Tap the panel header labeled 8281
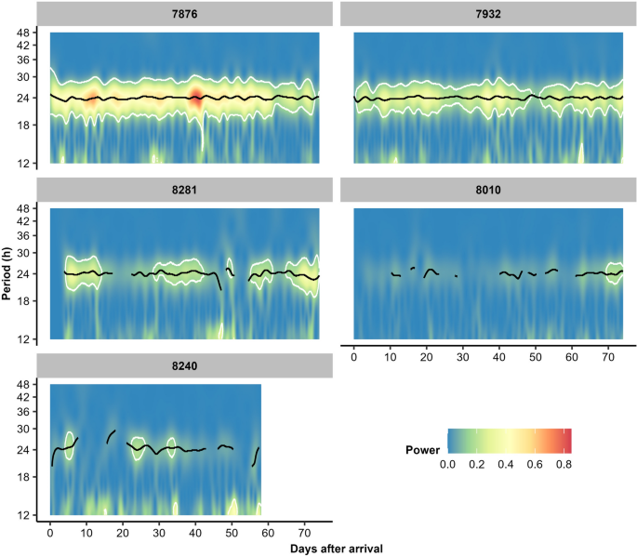[x=184, y=189]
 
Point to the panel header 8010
[x=488, y=189]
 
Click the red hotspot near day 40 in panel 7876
[x=196, y=97]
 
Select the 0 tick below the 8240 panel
[x=50, y=534]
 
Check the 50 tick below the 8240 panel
[x=232, y=534]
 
